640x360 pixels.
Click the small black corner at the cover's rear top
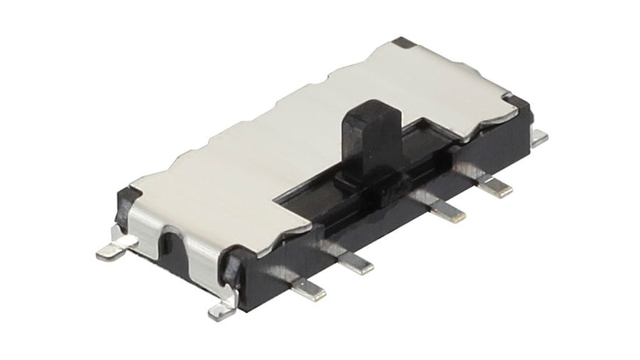point(405,43)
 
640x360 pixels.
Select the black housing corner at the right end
point(524,107)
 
